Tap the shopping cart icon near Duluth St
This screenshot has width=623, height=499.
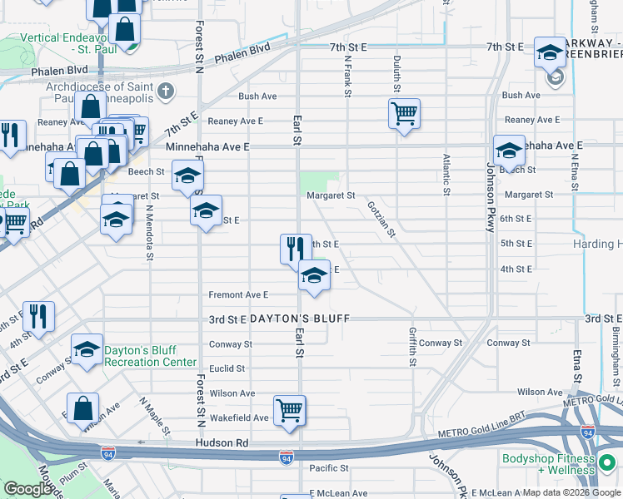[404, 113]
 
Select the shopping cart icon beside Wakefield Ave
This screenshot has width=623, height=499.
[289, 410]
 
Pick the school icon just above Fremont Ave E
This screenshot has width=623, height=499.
[313, 276]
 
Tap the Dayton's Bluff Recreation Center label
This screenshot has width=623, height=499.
[150, 356]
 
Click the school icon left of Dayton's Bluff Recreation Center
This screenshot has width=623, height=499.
[87, 351]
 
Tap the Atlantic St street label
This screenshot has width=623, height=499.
[447, 175]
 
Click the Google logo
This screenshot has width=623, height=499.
[27, 489]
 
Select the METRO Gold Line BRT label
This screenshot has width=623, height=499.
[481, 433]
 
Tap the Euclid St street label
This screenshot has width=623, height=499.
[227, 368]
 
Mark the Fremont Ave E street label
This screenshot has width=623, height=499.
[238, 294]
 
